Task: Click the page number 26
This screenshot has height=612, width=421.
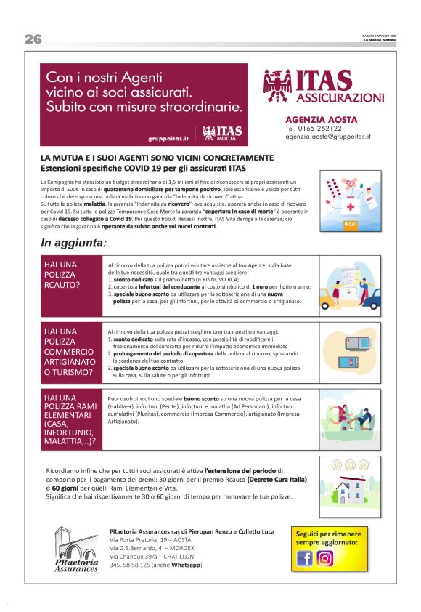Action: coord(33,39)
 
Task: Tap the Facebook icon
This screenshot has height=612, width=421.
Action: coord(305,558)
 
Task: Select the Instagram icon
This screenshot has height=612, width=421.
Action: coord(325,558)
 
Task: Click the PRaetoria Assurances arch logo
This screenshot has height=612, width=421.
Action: coord(75,549)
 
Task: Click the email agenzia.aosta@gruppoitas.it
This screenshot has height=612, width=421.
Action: coord(327,136)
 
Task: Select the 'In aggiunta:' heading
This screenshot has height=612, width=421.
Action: coord(74,243)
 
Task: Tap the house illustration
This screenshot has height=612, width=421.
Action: coord(349,483)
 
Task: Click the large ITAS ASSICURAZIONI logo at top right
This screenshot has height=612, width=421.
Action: coord(324,86)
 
